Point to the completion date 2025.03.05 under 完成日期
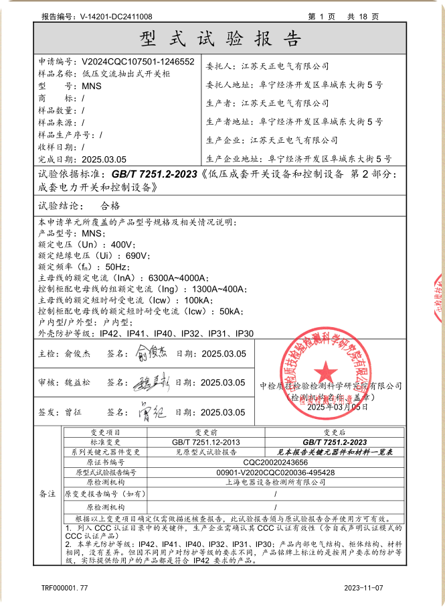point(104,160)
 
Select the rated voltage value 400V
point(122,245)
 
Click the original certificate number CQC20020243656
point(276,463)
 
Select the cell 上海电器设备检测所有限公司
point(276,481)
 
